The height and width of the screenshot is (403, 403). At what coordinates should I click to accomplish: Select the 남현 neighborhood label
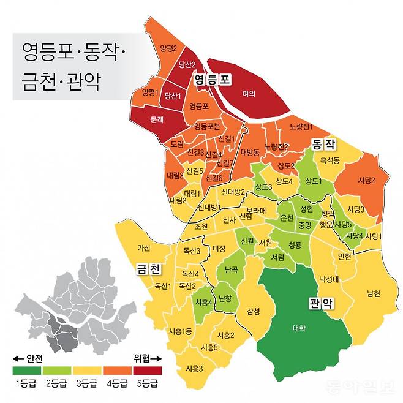[374, 293]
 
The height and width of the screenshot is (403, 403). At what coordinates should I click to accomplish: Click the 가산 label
[145, 248]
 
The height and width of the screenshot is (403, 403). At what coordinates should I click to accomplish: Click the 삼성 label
[253, 311]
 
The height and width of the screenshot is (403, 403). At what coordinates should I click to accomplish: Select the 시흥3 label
[194, 369]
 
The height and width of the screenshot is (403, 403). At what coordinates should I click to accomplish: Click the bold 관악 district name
[320, 303]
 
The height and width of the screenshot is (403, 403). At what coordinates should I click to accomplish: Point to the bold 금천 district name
[148, 268]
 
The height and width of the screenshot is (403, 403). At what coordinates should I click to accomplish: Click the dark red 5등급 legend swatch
[147, 371]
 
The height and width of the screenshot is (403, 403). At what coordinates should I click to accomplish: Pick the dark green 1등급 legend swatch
[26, 371]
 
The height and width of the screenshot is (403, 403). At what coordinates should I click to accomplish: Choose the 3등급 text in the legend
[87, 384]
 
